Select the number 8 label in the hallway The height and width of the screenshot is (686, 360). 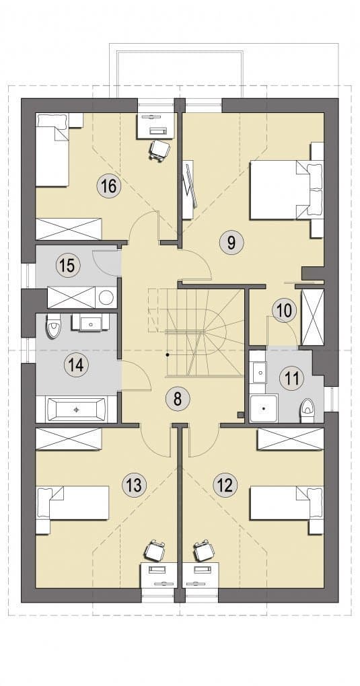(177, 399)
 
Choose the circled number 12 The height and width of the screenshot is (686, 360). (225, 484)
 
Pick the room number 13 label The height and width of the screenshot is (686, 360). (133, 485)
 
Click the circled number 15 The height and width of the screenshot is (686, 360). (67, 266)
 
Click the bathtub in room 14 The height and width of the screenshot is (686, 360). (76, 410)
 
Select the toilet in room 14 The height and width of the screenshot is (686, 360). (53, 326)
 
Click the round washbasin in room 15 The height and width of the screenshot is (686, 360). (106, 297)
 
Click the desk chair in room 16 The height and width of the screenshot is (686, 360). (159, 149)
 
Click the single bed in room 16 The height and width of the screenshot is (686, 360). (52, 150)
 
